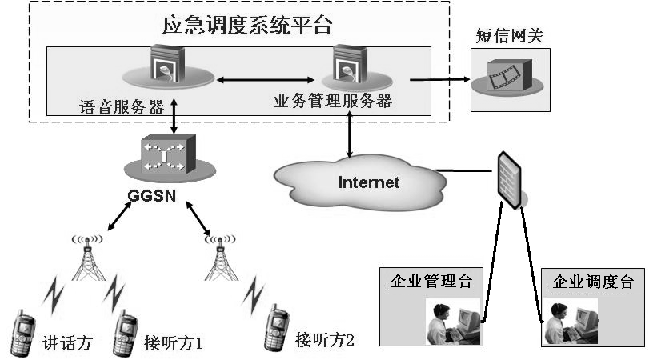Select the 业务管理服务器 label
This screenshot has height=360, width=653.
tap(333, 102)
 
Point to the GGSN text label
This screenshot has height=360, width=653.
tap(151, 194)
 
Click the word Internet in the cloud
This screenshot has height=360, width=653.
tap(368, 182)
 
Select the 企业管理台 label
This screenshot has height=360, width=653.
tap(431, 282)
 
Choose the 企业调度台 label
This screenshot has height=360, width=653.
tap(593, 282)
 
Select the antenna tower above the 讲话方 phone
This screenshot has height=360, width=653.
tap(88, 256)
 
